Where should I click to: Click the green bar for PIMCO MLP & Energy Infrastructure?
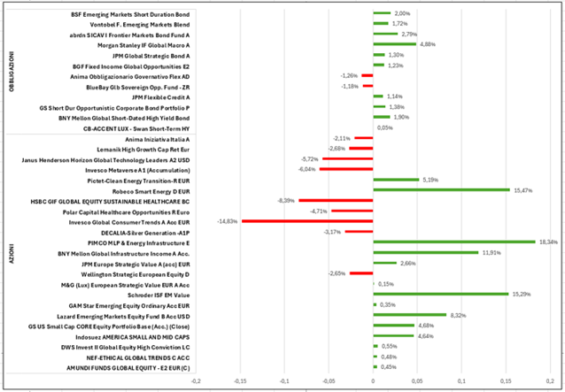click(454, 242)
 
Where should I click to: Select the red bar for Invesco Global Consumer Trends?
click(307, 221)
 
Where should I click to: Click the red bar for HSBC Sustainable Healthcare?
click(336, 201)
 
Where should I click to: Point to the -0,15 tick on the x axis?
click(240, 381)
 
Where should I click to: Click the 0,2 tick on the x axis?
click(549, 381)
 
